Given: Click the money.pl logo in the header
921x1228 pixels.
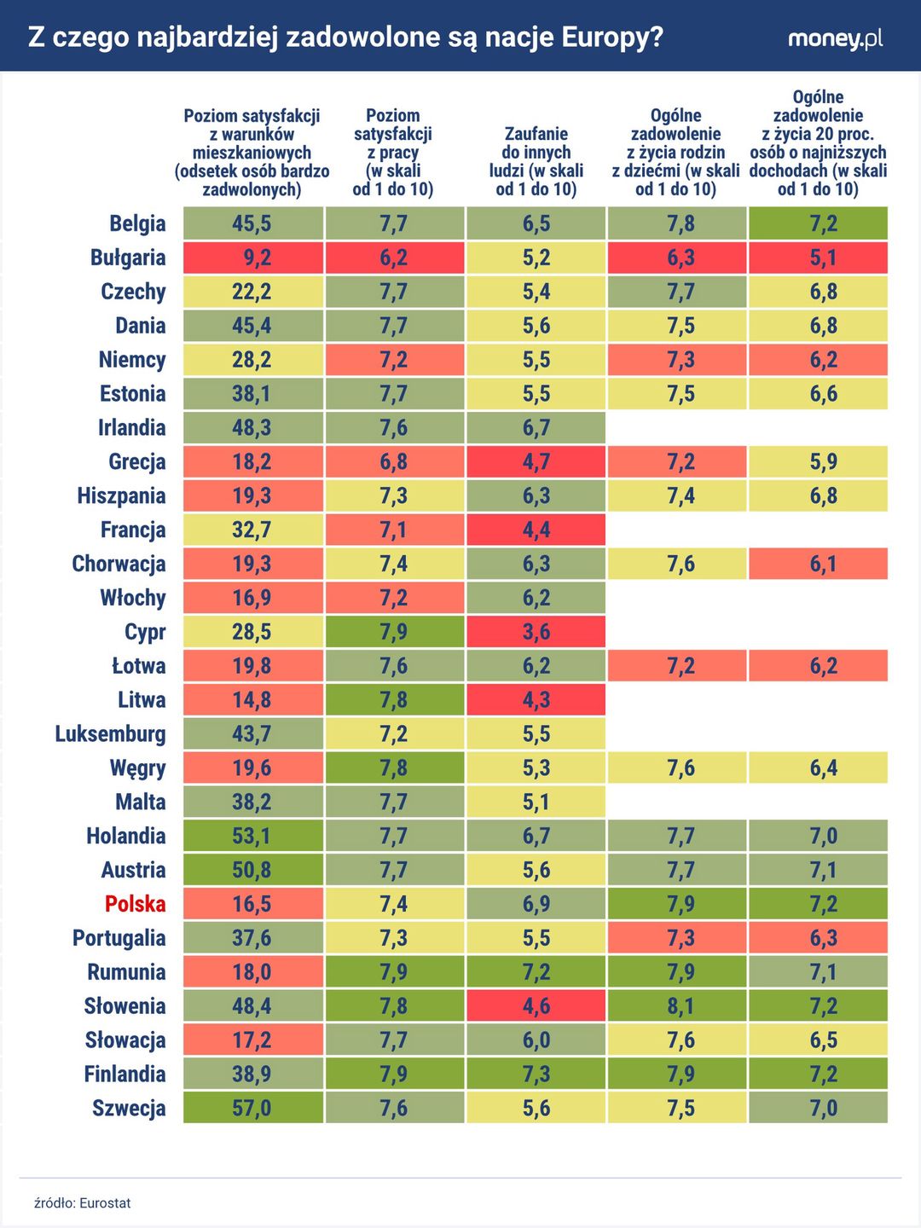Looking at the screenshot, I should pyautogui.click(x=835, y=38).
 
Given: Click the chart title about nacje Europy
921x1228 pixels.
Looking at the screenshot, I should pyautogui.click(x=345, y=38).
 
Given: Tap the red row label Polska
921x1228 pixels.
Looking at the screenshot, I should pyautogui.click(x=135, y=904).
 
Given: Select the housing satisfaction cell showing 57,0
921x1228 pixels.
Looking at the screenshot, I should pyautogui.click(x=252, y=1108).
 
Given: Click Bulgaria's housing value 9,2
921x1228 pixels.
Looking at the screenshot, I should pyautogui.click(x=252, y=258).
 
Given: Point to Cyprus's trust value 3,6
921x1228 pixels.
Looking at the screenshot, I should pyautogui.click(x=536, y=632).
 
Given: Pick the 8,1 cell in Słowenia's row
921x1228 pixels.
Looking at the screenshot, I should pyautogui.click(x=677, y=1006).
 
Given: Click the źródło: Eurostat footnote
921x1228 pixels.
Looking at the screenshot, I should pyautogui.click(x=83, y=1203).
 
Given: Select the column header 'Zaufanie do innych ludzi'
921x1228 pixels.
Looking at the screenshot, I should pyautogui.click(x=536, y=161).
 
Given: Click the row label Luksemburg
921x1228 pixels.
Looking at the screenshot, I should pyautogui.click(x=110, y=734).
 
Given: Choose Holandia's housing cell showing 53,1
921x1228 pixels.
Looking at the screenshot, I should pyautogui.click(x=252, y=836).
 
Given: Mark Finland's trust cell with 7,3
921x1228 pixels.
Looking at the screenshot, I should pyautogui.click(x=536, y=1074).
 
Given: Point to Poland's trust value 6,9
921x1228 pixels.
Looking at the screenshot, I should pyautogui.click(x=536, y=904).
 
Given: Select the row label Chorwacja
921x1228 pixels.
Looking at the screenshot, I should pyautogui.click(x=119, y=564).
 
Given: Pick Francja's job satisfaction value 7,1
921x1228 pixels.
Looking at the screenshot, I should pyautogui.click(x=394, y=530).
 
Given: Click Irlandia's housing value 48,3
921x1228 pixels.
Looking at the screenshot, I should pyautogui.click(x=252, y=427).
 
